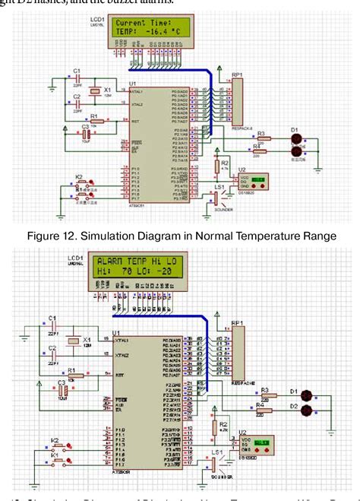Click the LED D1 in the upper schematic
tap(296, 139)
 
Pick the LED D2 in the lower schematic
tap(307, 411)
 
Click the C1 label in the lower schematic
tap(52, 317)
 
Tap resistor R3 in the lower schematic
tap(265, 396)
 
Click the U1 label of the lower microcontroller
tap(116, 332)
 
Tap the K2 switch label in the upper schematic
tap(78, 176)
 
